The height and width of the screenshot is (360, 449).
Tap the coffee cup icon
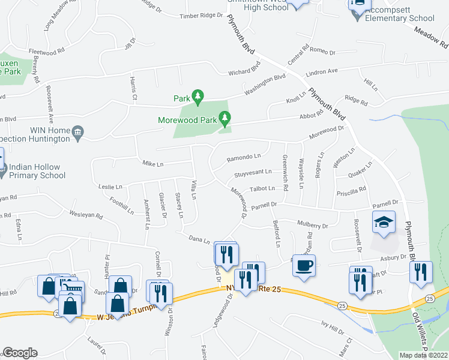[x=304, y=265]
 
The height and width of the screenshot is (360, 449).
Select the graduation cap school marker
[x=384, y=223]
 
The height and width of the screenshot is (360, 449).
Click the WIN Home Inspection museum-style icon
[x=77, y=133]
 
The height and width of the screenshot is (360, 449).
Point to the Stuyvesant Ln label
[x=252, y=174]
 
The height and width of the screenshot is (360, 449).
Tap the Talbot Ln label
[x=262, y=188]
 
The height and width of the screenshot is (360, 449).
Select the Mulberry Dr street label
[x=313, y=226]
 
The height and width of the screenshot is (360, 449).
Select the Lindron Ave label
[x=322, y=71]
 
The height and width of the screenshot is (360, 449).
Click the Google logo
[x=20, y=353]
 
